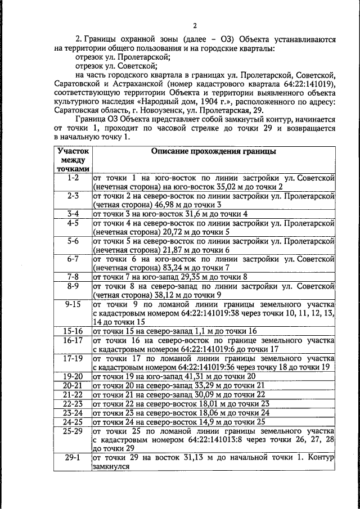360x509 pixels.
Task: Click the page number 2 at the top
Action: coord(195,25)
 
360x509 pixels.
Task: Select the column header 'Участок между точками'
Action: coord(73,160)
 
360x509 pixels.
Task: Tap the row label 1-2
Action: coord(73,178)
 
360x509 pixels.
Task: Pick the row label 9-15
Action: coord(73,304)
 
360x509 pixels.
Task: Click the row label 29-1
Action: coord(73,458)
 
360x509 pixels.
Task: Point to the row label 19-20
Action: coord(73,375)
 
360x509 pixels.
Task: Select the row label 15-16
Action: coord(73,331)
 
